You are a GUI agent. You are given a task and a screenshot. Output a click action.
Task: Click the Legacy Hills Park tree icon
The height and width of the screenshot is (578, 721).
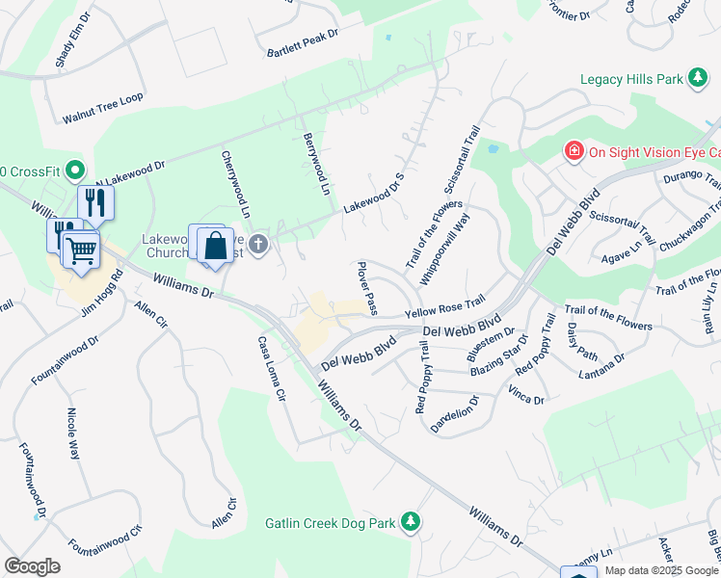[696, 80]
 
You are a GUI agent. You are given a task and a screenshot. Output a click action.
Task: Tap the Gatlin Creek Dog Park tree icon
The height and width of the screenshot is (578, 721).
[412, 522]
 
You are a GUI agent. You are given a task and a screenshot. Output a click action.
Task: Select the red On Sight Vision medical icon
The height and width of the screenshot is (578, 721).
[574, 151]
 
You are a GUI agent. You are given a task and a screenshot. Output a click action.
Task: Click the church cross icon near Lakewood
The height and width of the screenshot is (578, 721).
[257, 245]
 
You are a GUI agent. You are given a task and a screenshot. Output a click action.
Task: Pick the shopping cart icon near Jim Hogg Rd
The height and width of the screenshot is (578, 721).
[82, 250]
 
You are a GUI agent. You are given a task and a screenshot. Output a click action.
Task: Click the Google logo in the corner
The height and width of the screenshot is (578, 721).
[32, 566]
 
